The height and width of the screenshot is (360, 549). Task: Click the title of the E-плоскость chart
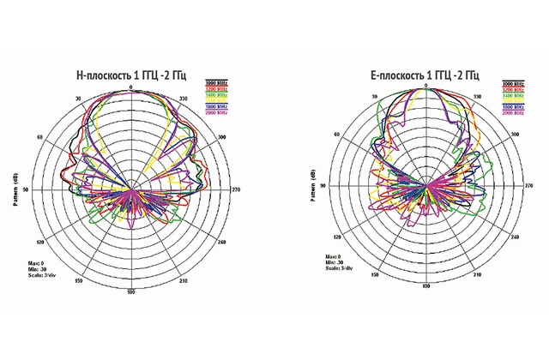(x=425, y=75)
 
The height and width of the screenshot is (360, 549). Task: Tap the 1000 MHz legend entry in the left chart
(x=216, y=83)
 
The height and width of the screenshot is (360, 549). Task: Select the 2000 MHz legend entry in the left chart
(x=216, y=112)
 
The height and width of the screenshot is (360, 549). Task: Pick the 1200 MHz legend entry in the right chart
(x=513, y=89)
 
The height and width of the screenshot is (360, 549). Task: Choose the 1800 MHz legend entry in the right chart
(x=513, y=106)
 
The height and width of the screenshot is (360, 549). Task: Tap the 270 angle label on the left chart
(x=238, y=189)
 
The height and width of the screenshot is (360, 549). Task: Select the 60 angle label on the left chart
(x=40, y=137)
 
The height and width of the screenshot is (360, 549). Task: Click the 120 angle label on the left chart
(x=40, y=237)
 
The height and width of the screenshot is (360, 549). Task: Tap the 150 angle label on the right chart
(x=374, y=279)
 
